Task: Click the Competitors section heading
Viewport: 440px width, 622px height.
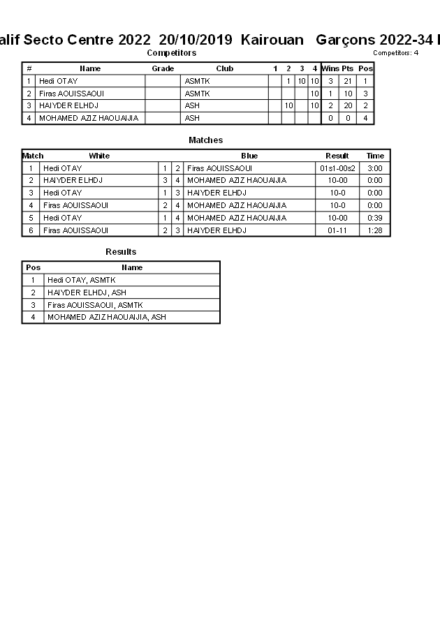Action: click(x=171, y=53)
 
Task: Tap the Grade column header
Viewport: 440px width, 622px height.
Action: click(x=163, y=68)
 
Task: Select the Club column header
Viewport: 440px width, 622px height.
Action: click(x=224, y=68)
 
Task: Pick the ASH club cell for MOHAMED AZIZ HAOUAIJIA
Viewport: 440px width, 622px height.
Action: click(x=192, y=119)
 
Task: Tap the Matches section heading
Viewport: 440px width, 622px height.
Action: click(x=205, y=140)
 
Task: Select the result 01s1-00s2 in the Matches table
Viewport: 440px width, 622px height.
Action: click(x=337, y=168)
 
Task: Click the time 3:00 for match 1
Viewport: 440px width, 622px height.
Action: click(x=375, y=168)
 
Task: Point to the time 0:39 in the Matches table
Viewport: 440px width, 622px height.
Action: click(x=375, y=218)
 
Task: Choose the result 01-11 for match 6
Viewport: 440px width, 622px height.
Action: click(x=337, y=230)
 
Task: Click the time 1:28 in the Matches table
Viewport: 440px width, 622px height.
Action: click(x=375, y=230)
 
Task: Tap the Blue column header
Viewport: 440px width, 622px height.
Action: click(x=249, y=156)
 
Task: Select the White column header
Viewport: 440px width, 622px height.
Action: click(x=99, y=156)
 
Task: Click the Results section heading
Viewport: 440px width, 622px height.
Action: click(x=121, y=252)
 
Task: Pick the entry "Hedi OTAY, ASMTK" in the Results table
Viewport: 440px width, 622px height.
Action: click(x=81, y=280)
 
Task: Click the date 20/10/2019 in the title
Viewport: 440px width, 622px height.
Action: click(x=190, y=40)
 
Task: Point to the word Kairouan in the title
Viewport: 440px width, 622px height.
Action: click(x=272, y=40)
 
